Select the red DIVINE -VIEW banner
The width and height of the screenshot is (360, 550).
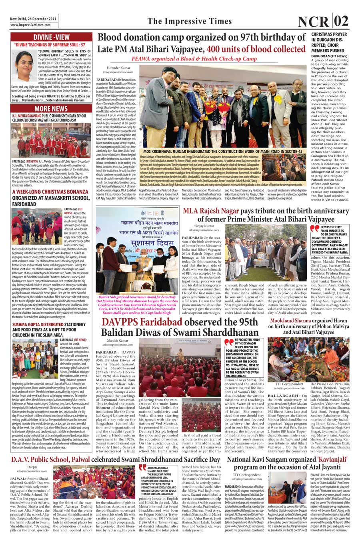pos(51,37)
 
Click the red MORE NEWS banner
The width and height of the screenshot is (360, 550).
pos(51,109)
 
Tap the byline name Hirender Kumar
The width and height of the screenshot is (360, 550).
pos(119,68)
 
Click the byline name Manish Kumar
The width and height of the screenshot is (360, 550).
pos(118,341)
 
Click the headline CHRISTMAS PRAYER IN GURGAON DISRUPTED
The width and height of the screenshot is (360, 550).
pos(330,42)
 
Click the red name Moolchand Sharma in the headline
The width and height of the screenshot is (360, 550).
pos(290,321)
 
